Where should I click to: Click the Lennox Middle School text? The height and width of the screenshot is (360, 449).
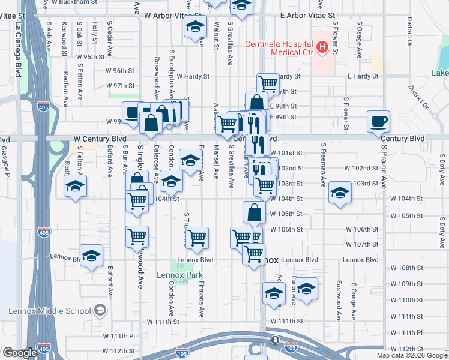pos(49,311)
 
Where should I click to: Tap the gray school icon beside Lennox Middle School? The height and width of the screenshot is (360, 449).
pos(100,311)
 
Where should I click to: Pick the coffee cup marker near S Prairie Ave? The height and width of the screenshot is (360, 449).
pos(379,122)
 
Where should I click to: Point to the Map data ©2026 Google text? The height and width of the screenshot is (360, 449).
pos(412,355)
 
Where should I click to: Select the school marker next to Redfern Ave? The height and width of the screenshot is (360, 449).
pos(76,186)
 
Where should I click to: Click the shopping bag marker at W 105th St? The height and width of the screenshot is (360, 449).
pos(254,212)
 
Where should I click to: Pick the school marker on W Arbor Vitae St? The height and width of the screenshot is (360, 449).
pos(194,28)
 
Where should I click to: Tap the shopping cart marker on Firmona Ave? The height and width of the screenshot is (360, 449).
pos(197,238)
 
